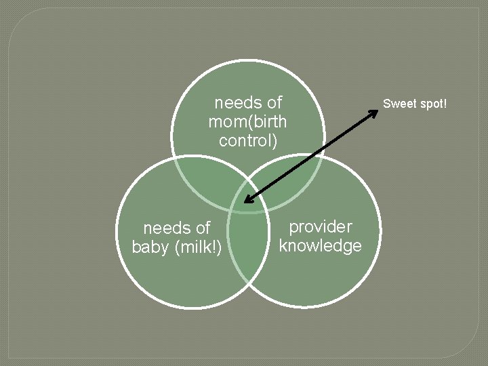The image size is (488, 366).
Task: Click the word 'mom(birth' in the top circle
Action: [x=248, y=122]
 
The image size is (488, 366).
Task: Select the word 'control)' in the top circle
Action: [x=248, y=140]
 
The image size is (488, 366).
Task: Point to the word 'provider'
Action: [x=321, y=226]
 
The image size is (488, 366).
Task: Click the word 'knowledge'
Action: [x=321, y=245]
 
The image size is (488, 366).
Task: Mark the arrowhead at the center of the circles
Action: [x=247, y=201]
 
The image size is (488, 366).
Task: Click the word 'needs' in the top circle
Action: [x=237, y=103]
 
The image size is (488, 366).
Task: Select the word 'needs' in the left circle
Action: [x=167, y=228]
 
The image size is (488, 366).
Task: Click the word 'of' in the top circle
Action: [x=274, y=103]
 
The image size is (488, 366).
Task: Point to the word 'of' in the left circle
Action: [x=203, y=228]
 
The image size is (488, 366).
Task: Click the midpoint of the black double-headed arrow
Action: [x=311, y=155]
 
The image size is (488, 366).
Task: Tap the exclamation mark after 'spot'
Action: [x=445, y=104]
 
